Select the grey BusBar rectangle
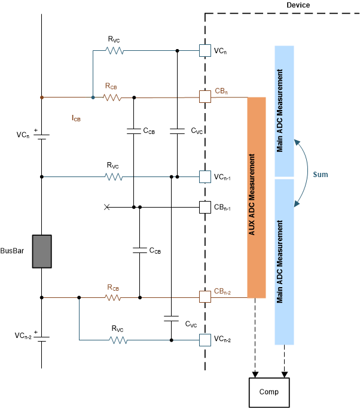pos(41,251)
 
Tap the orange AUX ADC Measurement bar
pos(257,197)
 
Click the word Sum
pos(319,174)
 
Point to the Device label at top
pos(298,5)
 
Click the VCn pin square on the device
pos(205,51)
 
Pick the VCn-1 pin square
pos(205,176)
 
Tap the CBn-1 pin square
pos(205,207)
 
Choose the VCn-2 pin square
pos(205,340)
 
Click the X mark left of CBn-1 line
pos(107,207)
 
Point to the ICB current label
pos(75,118)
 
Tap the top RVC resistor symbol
pos(114,51)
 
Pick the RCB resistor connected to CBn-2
pos(114,297)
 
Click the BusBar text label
pos(14,252)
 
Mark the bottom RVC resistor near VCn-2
pos(118,340)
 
